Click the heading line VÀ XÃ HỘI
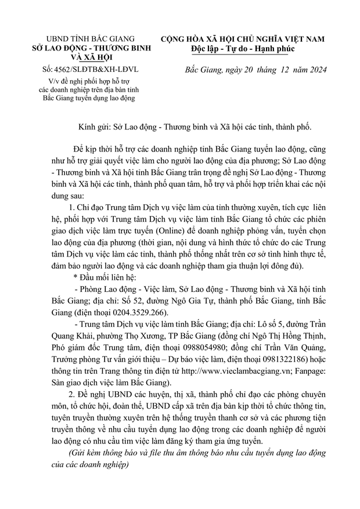90,58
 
